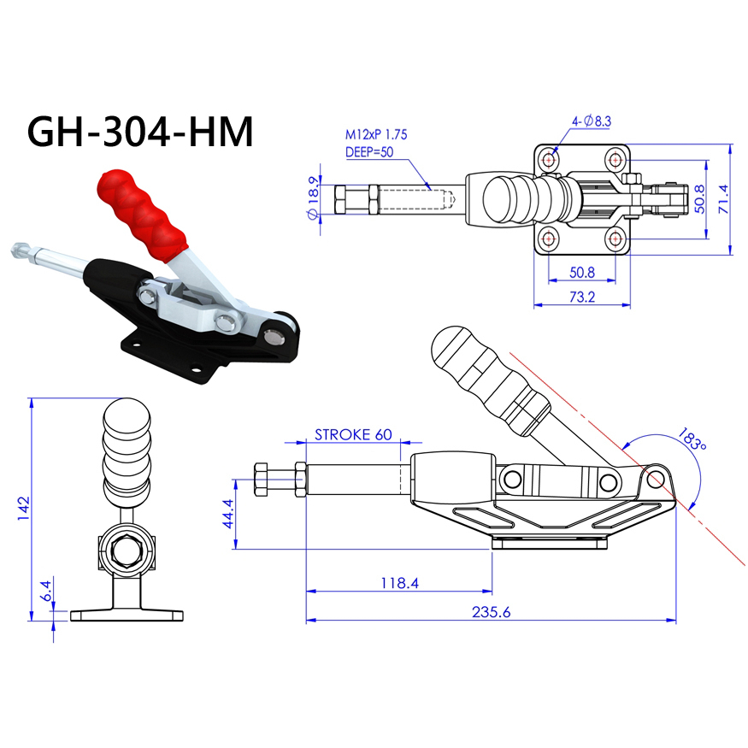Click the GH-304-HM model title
tap(140, 132)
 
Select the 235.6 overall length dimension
tap(491, 611)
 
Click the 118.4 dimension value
tap(399, 583)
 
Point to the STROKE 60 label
tap(353, 434)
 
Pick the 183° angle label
tap(692, 439)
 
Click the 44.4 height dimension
tap(228, 514)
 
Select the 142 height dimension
tap(23, 508)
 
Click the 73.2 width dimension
tap(582, 297)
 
